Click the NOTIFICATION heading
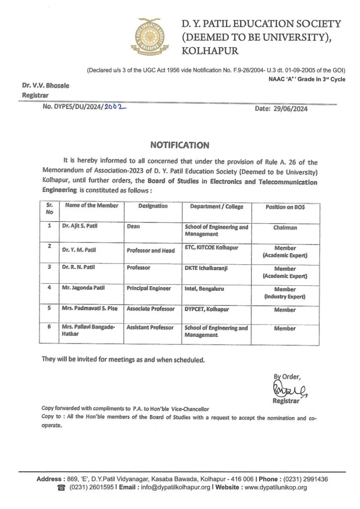point(180,145)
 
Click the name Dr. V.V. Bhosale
point(45,85)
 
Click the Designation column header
point(153,206)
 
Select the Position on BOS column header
point(285,207)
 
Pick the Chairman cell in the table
point(285,227)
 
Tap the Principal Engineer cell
point(149,288)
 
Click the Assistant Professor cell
point(150,328)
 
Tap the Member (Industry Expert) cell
point(285,293)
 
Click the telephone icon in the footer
point(61,488)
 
